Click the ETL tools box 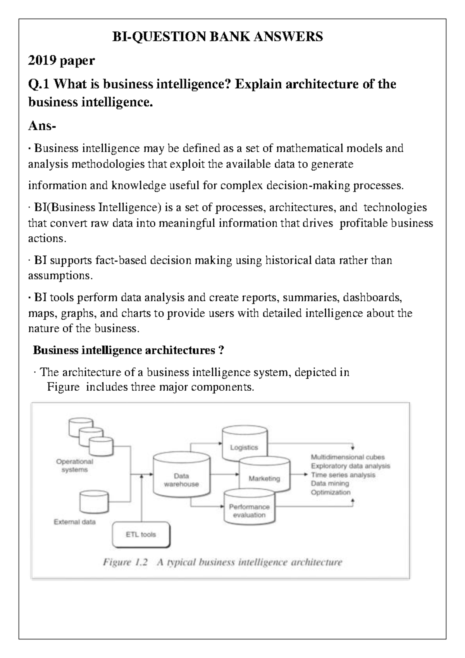tap(141, 535)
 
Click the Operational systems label tap(74, 466)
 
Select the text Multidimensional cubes tap(348, 457)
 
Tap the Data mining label tap(330, 483)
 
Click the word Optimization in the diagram tap(331, 492)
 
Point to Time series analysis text tap(343, 475)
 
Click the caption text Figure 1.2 tap(125, 562)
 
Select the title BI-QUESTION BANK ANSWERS tap(217, 37)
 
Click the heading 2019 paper tap(61, 61)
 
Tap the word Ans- tap(42, 126)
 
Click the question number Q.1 tap(39, 84)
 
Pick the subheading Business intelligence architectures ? tap(128, 350)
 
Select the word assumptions tap(60, 276)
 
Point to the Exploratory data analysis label tap(350, 466)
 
